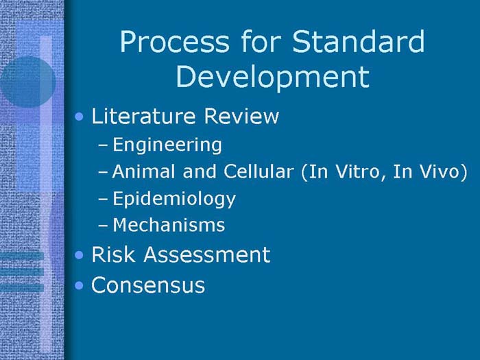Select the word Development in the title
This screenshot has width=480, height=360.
(272, 77)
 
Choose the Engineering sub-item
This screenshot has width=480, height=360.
(167, 145)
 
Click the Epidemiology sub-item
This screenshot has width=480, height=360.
(174, 200)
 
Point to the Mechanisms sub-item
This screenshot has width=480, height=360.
(169, 225)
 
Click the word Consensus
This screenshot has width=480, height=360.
(148, 285)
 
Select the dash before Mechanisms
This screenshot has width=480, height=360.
(103, 226)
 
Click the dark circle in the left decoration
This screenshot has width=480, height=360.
(27, 81)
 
